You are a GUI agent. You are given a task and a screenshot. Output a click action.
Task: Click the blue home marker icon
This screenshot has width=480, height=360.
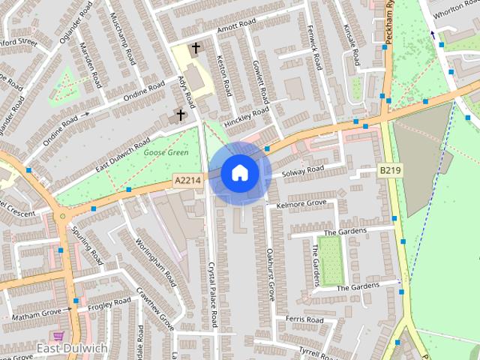[x=239, y=172]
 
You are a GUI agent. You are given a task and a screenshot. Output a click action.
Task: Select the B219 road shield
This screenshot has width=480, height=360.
[x=389, y=172]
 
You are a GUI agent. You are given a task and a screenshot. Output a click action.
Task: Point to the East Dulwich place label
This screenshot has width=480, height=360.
[x=72, y=348]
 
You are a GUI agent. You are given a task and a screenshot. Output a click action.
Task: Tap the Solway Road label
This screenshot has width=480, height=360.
[x=302, y=172]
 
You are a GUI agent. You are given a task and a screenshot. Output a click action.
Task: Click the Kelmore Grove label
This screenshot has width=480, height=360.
[x=301, y=203]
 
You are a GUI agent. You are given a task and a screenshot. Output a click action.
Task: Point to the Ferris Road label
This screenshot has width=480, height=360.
[x=304, y=319]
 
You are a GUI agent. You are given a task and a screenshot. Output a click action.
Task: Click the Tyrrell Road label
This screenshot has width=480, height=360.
[x=315, y=351]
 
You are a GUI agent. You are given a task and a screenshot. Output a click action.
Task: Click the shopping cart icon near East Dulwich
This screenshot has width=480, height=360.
[x=59, y=335]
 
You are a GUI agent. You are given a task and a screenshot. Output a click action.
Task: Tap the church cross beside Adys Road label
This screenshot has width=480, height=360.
[x=180, y=115]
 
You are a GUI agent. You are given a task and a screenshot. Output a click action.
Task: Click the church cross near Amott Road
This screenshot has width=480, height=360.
[x=196, y=48]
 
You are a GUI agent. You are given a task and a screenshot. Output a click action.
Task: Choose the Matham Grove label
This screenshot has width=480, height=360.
[x=36, y=313]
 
